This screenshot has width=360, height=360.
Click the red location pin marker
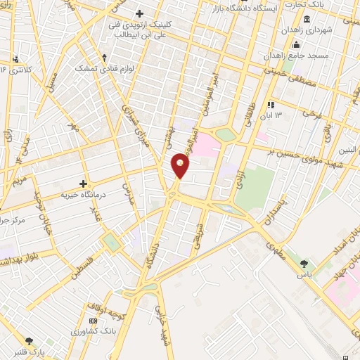[x=181, y=166]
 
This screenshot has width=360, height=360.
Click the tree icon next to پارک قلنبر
[x=29, y=339]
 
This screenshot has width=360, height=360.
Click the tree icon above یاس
[x=304, y=264]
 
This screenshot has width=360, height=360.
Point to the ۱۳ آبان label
[x=273, y=115]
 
